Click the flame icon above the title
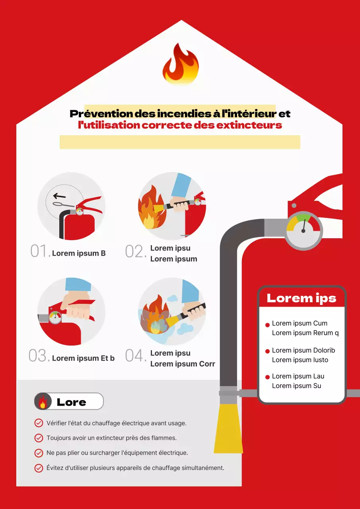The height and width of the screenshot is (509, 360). [180, 64]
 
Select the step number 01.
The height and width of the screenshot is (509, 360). [40, 252]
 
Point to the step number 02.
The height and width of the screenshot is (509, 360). [135, 252]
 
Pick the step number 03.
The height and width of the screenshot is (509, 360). [39, 356]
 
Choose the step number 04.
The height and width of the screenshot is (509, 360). [135, 356]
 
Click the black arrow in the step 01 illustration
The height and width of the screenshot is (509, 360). [59, 196]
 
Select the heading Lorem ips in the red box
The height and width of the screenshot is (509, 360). [301, 298]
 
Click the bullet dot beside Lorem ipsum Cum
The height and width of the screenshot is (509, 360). [267, 325]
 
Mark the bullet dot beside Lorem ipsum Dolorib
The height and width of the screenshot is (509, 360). [267, 352]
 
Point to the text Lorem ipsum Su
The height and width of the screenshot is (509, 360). [296, 386]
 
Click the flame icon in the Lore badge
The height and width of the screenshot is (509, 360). [43, 402]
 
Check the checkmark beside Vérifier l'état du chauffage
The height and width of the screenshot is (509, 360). [39, 423]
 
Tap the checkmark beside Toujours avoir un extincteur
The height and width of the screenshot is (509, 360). [39, 438]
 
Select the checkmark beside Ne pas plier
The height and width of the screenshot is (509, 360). [39, 453]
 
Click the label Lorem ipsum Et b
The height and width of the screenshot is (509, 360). [83, 358]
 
